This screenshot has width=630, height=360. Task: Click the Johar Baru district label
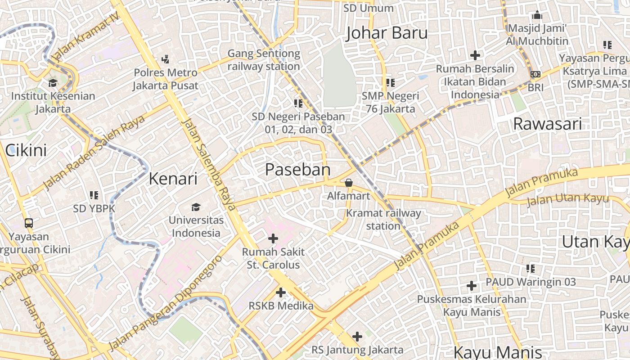tap(387, 33)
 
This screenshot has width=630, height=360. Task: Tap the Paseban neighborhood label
tap(297, 170)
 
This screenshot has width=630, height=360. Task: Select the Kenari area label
tap(173, 179)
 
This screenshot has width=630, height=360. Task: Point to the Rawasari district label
tap(547, 124)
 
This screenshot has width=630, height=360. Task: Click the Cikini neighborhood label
tap(26, 150)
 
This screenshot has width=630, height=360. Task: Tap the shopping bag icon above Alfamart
tap(348, 183)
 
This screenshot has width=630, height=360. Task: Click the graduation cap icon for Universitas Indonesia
tap(196, 207)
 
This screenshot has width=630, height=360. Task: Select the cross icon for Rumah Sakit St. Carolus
tap(273, 238)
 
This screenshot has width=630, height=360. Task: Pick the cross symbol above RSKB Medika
tap(281, 292)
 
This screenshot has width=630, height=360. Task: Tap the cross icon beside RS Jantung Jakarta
tap(357, 337)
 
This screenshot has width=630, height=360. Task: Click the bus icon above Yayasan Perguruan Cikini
tap(29, 223)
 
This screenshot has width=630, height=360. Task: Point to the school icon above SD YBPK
tap(94, 195)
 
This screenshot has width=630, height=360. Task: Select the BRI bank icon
tap(535, 74)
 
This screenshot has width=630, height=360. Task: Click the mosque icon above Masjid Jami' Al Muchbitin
tap(537, 15)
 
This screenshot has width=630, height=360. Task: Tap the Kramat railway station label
tap(383, 219)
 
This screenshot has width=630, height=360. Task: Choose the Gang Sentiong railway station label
tap(263, 60)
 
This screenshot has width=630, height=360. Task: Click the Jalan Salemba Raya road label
tap(210, 164)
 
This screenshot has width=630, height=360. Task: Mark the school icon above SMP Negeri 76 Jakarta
tap(390, 83)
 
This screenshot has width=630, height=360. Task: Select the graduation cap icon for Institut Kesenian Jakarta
tap(53, 83)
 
